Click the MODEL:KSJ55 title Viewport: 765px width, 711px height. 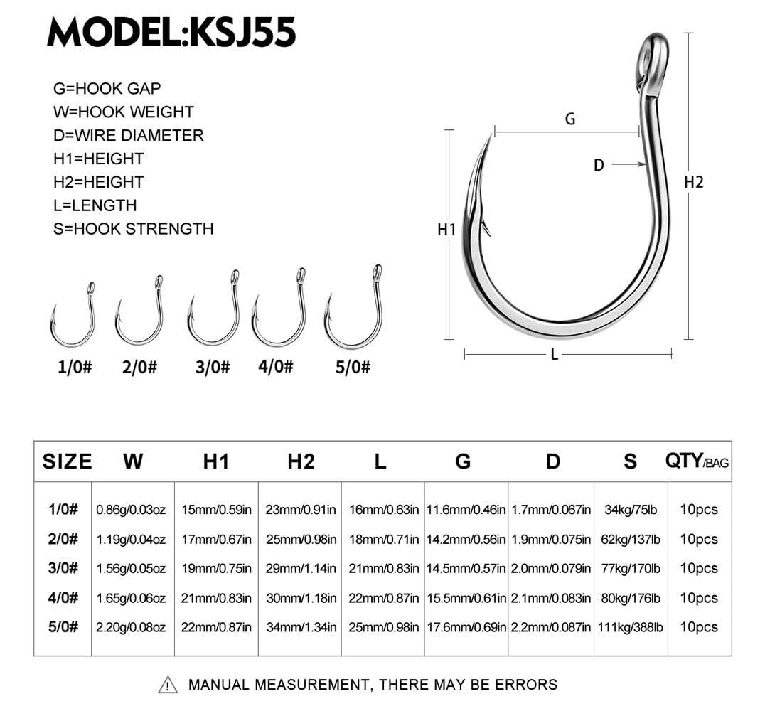click(171, 32)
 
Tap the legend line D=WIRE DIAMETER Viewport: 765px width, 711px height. click(128, 135)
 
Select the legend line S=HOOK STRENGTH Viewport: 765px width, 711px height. click(133, 229)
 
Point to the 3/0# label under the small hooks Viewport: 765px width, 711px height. click(213, 367)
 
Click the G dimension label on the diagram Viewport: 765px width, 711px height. click(570, 119)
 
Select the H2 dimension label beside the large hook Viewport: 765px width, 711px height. click(693, 182)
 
